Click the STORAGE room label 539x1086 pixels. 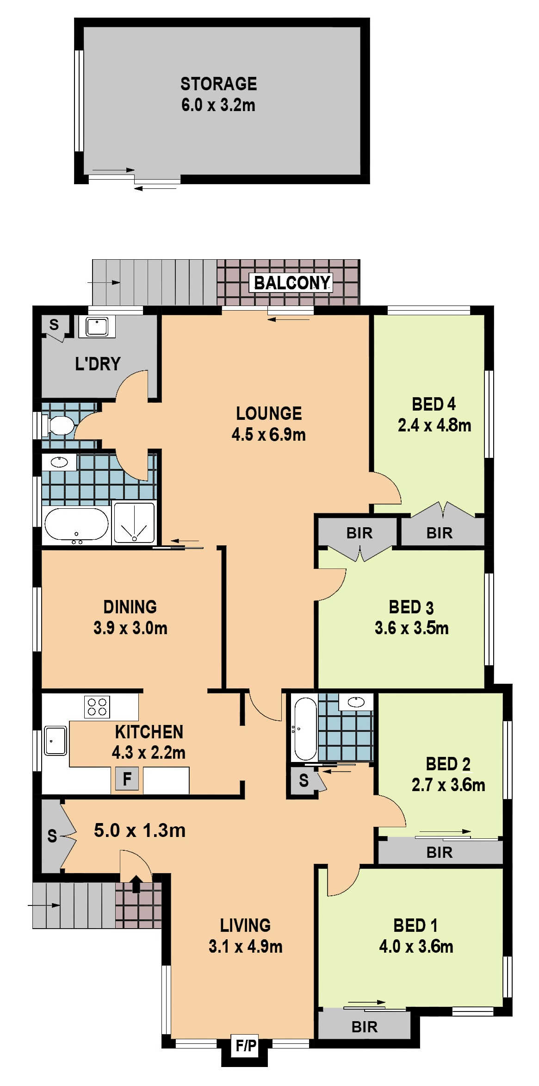(x=218, y=84)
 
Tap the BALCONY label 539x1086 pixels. (x=292, y=282)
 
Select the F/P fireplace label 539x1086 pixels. (x=246, y=1045)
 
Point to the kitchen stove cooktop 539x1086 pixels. (x=97, y=707)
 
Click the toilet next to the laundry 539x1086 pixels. (x=59, y=425)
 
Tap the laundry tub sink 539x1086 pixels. (x=97, y=327)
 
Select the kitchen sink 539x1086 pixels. (x=56, y=741)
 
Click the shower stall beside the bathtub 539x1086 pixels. (x=134, y=523)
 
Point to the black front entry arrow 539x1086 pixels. (x=136, y=884)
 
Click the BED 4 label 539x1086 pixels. (x=434, y=404)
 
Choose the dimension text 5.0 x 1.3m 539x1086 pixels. (x=140, y=830)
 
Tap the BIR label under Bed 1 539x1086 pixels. (x=365, y=1027)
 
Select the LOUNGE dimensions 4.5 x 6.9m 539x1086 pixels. (x=269, y=435)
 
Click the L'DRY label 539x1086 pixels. (x=98, y=364)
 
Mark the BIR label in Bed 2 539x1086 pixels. (x=440, y=852)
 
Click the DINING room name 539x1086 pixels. (x=130, y=607)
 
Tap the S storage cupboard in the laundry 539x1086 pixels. (x=54, y=325)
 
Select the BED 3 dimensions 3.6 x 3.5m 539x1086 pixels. (x=412, y=628)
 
